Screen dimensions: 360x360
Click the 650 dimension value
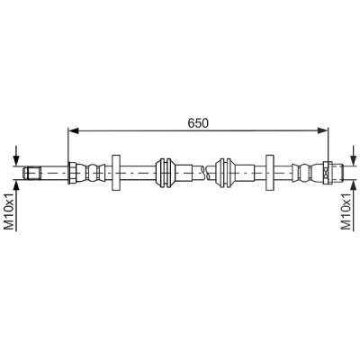click(x=198, y=123)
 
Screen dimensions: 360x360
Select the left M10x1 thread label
click(x=10, y=211)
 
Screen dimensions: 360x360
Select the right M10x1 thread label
click(x=346, y=211)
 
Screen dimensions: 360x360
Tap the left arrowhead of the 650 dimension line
click(x=73, y=130)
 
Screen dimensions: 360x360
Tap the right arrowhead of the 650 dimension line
click(x=323, y=130)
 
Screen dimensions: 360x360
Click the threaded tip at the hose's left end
click(x=31, y=173)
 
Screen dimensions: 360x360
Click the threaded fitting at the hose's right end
click(x=337, y=173)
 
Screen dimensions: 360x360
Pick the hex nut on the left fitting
click(x=72, y=173)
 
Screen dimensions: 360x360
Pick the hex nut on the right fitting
click(x=327, y=173)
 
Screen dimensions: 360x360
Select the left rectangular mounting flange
click(x=116, y=173)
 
